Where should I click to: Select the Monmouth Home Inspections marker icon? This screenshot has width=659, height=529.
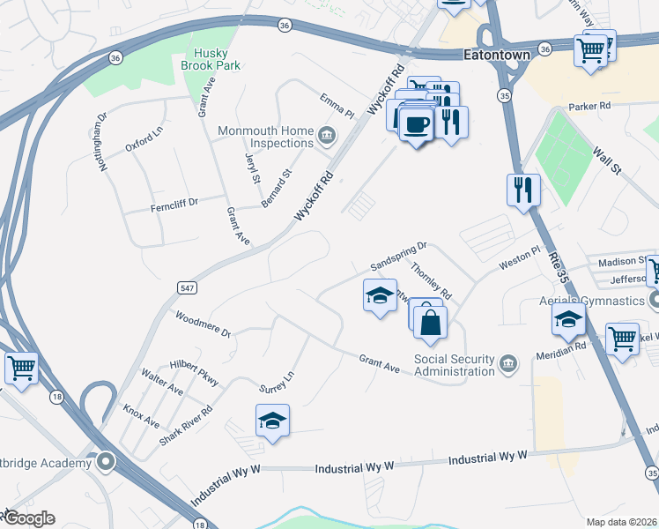[327, 136]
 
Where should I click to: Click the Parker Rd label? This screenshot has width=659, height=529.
[591, 106]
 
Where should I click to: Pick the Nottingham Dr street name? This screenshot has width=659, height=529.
[102, 141]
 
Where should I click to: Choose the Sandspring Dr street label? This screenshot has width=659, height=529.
[398, 257]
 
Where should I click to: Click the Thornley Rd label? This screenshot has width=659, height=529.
[431, 282]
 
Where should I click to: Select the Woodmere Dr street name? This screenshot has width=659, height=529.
[202, 325]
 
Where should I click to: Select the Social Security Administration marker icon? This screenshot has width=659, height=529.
[508, 364]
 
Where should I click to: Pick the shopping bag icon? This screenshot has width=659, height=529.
[430, 323]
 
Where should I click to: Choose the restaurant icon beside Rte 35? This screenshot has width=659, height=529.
[524, 190]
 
